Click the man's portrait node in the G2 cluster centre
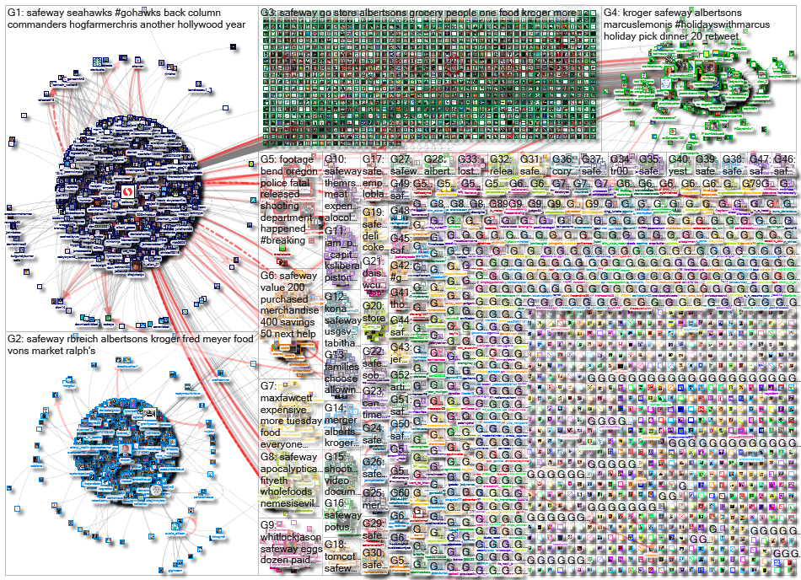[125, 452]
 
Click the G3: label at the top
[269, 13]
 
